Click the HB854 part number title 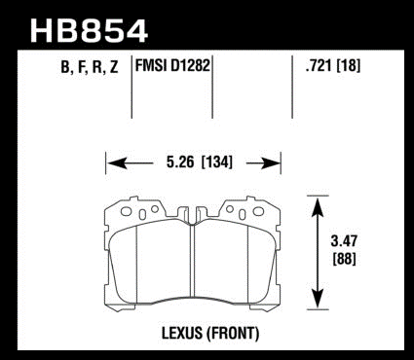tap(89, 31)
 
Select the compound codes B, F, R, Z tap(90, 68)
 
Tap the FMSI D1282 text tap(172, 66)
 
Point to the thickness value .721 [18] tap(333, 66)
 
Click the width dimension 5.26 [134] tap(200, 162)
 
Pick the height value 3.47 tap(344, 241)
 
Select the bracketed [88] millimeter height tap(344, 259)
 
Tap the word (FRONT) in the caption tap(233, 334)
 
